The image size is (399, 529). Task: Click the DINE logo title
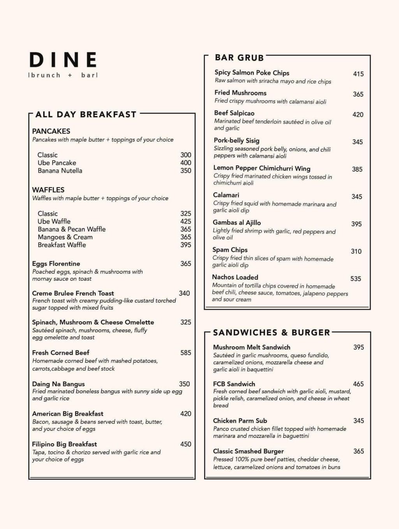[63, 60]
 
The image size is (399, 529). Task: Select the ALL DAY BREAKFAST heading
[86, 115]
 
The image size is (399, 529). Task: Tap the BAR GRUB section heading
[239, 58]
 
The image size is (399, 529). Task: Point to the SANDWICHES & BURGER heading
[272, 333]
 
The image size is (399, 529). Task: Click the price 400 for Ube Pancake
[185, 163]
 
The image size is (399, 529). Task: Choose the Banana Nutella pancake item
[60, 171]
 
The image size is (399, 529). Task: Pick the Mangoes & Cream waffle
[65, 237]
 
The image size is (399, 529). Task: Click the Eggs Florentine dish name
[56, 264]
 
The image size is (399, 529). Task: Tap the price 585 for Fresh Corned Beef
[185, 353]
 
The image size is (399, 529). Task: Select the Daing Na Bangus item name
[58, 384]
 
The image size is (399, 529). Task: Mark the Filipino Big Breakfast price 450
[185, 444]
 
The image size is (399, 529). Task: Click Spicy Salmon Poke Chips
[252, 73]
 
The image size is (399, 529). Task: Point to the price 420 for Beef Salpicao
[358, 115]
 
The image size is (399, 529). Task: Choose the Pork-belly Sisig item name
[237, 141]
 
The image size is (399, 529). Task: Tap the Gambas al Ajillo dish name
[237, 223]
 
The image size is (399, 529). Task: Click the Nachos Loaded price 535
[356, 279]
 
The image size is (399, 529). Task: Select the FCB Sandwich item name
[234, 384]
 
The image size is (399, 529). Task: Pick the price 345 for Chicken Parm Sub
[358, 421]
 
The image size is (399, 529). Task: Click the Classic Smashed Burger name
[248, 451]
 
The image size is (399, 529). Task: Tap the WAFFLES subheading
[48, 190]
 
